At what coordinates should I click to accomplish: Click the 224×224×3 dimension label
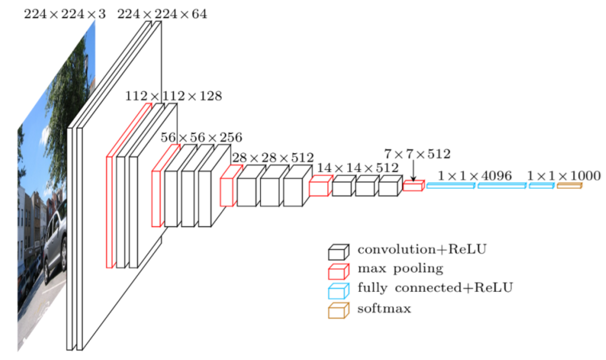[64, 14]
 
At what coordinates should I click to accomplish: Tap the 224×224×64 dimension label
[162, 14]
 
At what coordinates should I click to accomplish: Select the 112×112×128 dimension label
[173, 96]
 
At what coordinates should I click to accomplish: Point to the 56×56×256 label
[201, 137]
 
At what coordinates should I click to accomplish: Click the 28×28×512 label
[272, 157]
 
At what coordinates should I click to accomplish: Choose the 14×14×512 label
[357, 168]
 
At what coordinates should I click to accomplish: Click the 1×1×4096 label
[474, 176]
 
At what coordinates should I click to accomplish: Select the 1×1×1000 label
[564, 176]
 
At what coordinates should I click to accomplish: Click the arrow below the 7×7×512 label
[413, 171]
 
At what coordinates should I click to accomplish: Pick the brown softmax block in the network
[569, 185]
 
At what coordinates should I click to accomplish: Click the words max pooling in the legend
[400, 268]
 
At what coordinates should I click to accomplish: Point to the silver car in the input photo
[56, 244]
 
